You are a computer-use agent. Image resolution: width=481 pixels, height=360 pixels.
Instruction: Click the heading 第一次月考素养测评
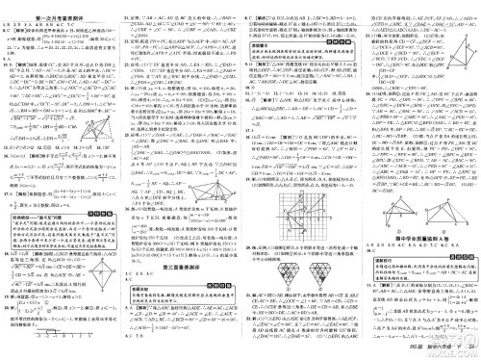[x=60, y=6]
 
